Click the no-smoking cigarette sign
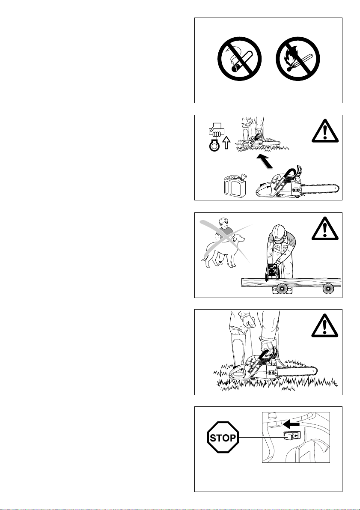point(239,59)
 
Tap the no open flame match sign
point(298,59)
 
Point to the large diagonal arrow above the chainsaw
point(265,162)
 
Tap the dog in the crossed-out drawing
point(223,251)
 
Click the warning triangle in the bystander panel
point(325,228)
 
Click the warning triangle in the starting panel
point(325,325)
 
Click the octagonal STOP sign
point(223,438)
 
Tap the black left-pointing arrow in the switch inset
point(291,424)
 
